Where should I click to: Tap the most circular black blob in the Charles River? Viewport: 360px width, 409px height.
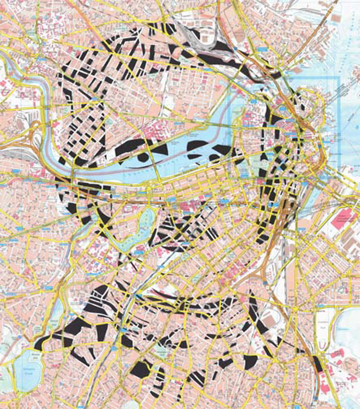coord(142,157)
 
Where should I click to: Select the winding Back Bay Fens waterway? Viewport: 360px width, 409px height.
coord(141,229)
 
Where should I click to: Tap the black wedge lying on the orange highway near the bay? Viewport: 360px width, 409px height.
coord(317,363)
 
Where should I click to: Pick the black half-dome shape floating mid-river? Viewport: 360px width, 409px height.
coord(198,145)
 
